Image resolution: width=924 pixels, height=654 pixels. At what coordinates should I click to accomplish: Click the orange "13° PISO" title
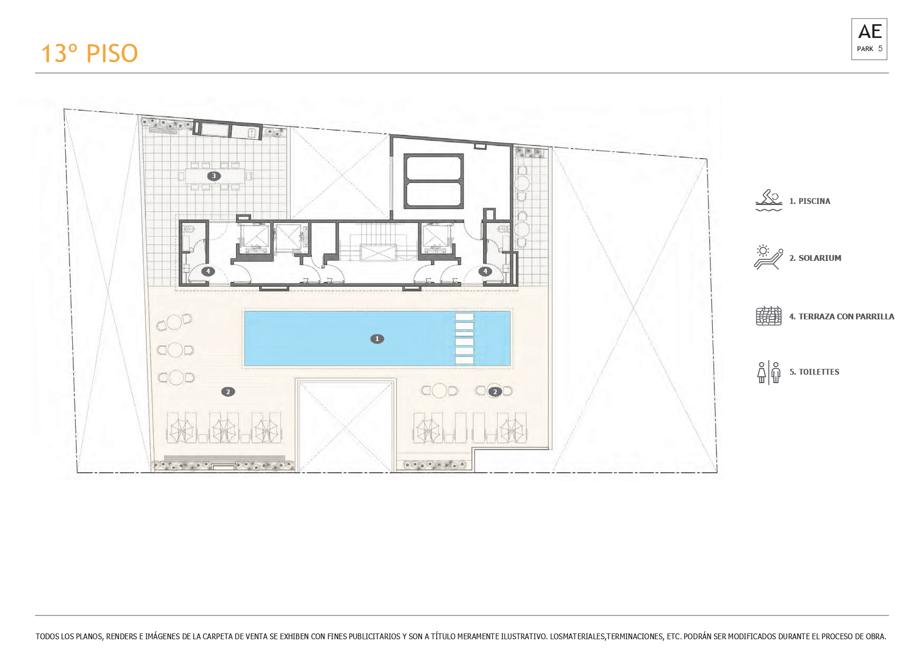pos(90,53)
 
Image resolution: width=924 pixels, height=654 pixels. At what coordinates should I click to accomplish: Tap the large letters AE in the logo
pos(870,32)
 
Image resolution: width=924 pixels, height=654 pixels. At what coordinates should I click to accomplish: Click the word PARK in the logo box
pos(865,49)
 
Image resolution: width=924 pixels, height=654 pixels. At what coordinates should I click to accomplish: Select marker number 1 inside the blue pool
pos(377,339)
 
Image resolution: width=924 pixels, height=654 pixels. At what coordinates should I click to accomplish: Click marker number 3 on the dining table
pos(213,176)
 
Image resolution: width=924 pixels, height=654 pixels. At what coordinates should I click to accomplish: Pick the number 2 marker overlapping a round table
pos(495,392)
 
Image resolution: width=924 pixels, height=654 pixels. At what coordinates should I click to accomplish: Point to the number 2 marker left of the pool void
pos(228,392)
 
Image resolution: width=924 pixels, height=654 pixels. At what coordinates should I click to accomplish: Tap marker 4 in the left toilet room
pos(208,271)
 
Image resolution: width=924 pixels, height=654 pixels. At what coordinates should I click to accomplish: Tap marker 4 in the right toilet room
pos(485,271)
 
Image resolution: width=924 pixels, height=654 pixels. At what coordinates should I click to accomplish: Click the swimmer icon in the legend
pos(769,201)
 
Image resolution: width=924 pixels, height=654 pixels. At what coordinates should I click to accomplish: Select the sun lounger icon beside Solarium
pos(769,257)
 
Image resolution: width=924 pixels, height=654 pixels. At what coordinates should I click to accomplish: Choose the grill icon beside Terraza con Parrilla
pos(769,316)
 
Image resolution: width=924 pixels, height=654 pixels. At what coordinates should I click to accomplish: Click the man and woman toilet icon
pos(769,373)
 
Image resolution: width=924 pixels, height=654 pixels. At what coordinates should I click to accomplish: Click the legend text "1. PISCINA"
pos(810,201)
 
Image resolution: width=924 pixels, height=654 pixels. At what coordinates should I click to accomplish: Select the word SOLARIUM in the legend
pos(820,258)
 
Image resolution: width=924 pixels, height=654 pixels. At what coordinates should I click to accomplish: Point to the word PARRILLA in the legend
pos(874,317)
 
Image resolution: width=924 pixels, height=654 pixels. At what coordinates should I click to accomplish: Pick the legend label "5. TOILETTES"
pos(814,372)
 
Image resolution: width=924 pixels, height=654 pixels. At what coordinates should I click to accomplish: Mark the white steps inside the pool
pos(464,338)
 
